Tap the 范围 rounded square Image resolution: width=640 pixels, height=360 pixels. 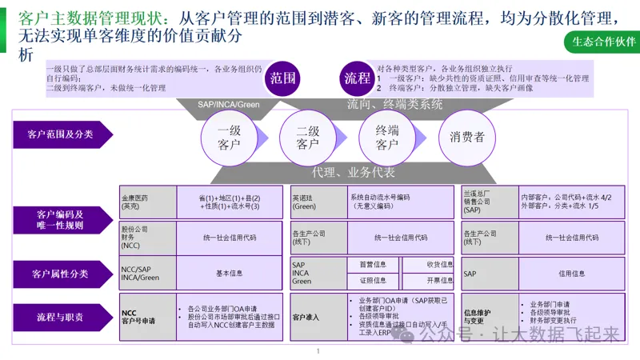click(283, 78)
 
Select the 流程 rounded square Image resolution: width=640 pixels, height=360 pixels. click(357, 78)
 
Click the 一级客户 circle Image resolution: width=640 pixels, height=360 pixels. click(229, 137)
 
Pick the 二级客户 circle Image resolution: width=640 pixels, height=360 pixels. click(308, 137)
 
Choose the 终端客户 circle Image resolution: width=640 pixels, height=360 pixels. click(387, 137)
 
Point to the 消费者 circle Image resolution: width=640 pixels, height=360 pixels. click(467, 137)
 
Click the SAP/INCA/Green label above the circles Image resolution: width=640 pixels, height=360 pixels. click(229, 104)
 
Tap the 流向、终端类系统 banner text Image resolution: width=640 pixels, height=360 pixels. click(394, 104)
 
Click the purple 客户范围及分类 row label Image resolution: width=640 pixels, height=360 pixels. click(60, 134)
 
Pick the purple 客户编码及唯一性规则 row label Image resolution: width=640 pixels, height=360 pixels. click(60, 219)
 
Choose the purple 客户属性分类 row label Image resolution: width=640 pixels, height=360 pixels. click(60, 274)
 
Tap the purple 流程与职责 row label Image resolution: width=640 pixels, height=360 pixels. click(60, 318)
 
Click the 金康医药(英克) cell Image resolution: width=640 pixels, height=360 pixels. click(136, 202)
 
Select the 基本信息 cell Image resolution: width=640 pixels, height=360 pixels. click(230, 273)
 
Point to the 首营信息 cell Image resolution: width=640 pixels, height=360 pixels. click(371, 264)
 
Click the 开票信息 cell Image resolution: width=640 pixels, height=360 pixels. click(439, 281)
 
